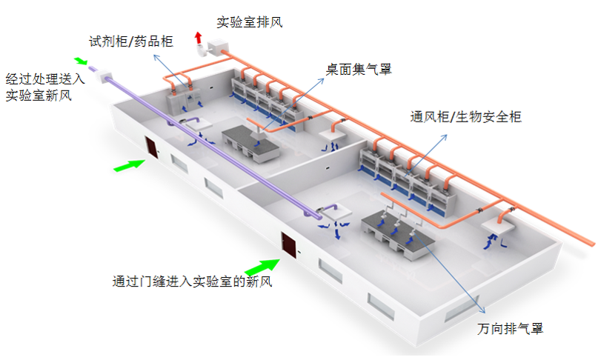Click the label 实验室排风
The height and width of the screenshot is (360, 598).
tap(250, 22)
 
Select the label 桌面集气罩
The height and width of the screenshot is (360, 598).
tap(359, 70)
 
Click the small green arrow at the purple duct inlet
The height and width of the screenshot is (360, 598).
tap(81, 61)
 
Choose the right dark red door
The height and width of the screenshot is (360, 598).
tap(288, 247)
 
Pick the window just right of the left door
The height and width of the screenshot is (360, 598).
tap(179, 162)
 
